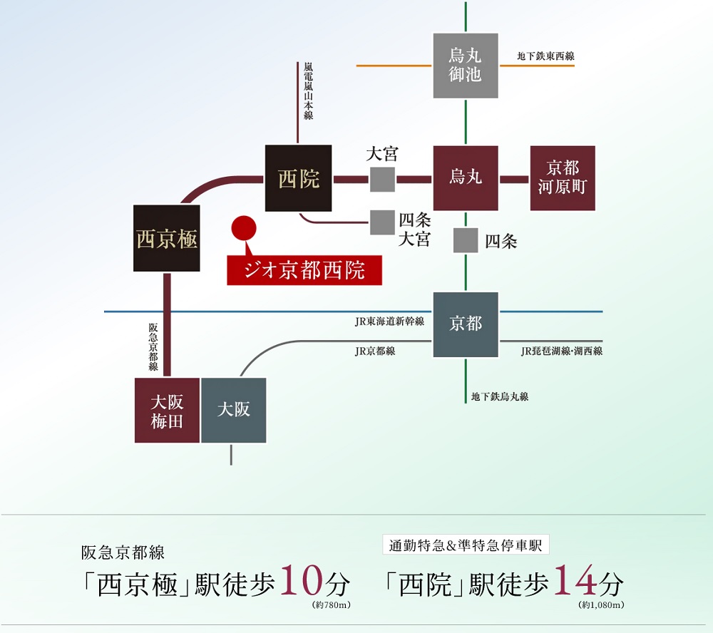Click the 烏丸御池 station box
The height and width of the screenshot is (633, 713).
[x=466, y=65]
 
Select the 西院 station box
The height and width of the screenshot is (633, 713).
[x=298, y=178]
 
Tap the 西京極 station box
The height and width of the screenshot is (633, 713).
[x=166, y=238]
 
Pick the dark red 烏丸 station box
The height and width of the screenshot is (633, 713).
[x=466, y=178]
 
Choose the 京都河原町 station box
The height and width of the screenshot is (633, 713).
[x=563, y=178]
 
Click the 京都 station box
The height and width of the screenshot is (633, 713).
[x=466, y=324]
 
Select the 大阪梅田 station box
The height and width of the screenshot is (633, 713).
[x=167, y=411]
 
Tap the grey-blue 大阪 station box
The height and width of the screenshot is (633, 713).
[x=234, y=411]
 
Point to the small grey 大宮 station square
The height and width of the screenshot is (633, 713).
[x=382, y=179]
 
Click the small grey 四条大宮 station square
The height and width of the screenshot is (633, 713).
[x=382, y=222]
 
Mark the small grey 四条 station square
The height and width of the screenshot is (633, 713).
[x=466, y=241]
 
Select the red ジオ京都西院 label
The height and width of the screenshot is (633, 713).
[x=304, y=271]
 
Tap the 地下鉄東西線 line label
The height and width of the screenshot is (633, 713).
[x=545, y=56]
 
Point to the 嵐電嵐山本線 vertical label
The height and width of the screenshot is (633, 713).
[x=308, y=91]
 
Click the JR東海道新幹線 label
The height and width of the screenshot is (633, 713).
[x=389, y=321]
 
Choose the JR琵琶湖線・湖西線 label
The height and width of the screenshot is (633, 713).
[x=562, y=351]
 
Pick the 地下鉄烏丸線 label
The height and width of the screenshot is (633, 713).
[x=500, y=396]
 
